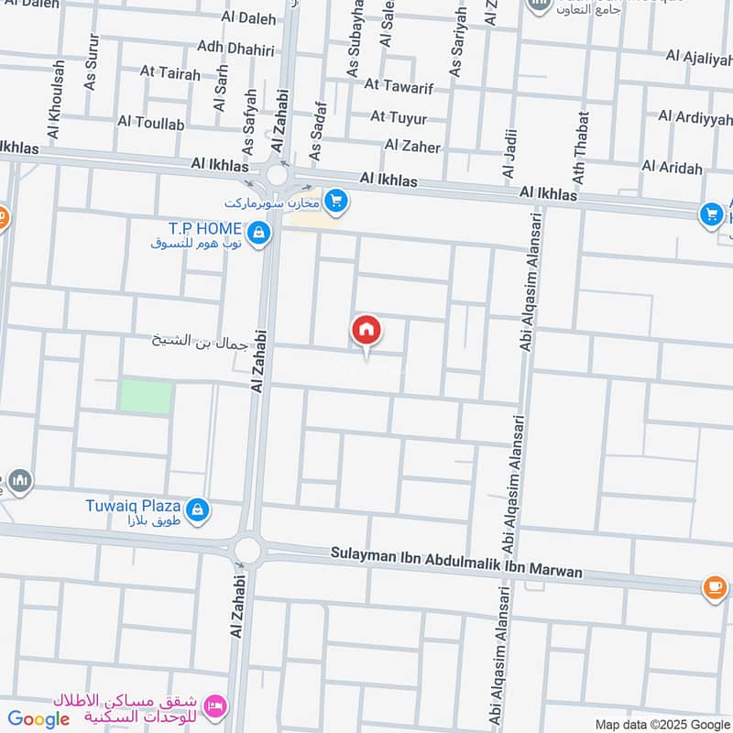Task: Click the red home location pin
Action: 366,331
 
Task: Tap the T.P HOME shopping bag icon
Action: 259,234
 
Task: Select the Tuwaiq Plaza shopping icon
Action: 197,510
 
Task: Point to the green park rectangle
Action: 146,397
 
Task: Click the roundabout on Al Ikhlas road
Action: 277,174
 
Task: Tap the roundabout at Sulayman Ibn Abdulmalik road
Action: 246,550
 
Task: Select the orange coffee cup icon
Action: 715,588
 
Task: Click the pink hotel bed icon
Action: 215,706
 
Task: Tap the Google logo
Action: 38,719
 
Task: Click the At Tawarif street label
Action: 399,85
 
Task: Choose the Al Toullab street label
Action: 151,122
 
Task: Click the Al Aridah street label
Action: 673,168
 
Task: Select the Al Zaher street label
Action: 412,146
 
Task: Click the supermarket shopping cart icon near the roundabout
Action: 336,202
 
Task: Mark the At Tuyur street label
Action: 399,116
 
